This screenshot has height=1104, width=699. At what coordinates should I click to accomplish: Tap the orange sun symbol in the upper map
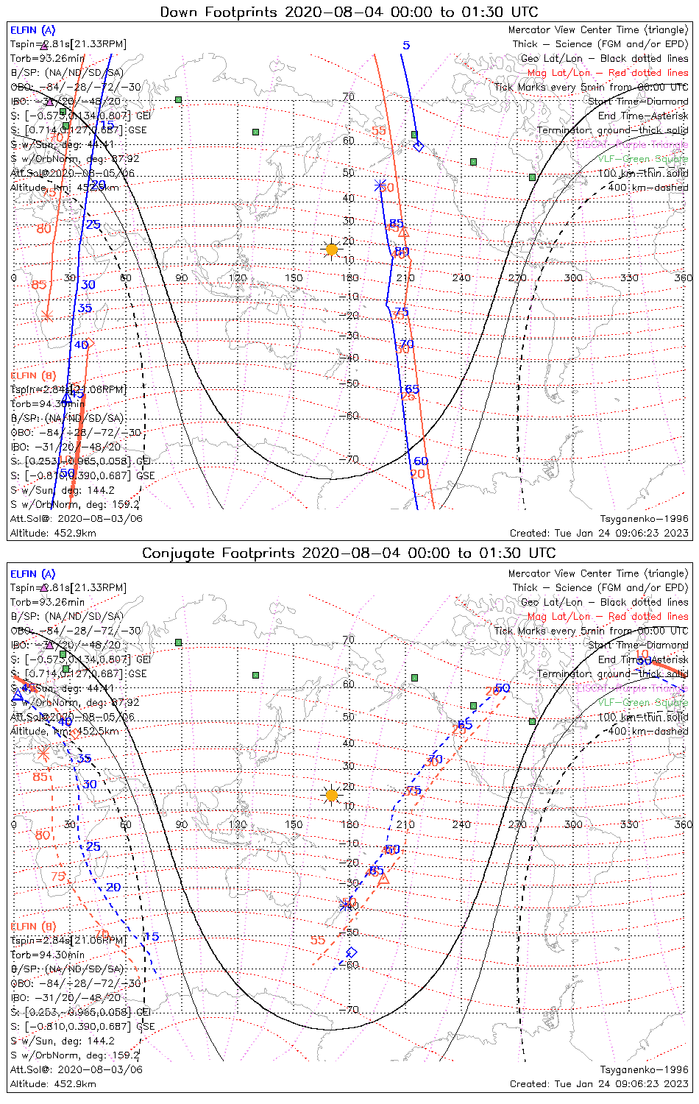click(x=332, y=250)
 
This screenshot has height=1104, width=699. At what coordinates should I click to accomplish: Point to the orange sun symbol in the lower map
click(x=332, y=795)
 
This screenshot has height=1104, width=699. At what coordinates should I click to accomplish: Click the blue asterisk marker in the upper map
click(x=380, y=186)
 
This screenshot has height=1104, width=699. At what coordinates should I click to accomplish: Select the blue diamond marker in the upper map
click(x=419, y=146)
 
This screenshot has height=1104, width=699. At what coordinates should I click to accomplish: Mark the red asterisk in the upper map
click(x=47, y=316)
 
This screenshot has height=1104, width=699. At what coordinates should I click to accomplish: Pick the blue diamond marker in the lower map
click(x=352, y=952)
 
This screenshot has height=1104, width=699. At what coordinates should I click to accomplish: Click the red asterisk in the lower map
click(x=43, y=754)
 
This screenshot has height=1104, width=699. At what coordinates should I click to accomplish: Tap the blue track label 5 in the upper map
click(x=406, y=46)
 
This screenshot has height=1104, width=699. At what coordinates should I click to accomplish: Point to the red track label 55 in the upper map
click(x=378, y=131)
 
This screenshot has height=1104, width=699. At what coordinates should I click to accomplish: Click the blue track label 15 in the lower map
click(x=151, y=937)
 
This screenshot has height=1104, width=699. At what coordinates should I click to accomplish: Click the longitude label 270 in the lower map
click(x=517, y=824)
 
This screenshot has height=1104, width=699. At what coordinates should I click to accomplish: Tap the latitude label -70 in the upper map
click(x=349, y=460)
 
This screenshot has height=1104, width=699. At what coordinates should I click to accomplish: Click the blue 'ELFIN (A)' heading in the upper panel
click(x=33, y=30)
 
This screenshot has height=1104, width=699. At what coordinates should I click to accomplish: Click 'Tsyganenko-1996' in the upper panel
click(x=644, y=518)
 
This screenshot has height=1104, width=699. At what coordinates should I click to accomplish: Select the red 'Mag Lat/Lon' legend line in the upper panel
click(x=608, y=73)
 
